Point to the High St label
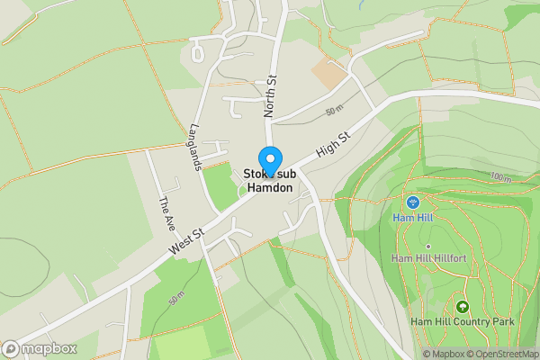[x=333, y=143]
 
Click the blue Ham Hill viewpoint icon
[x=412, y=202]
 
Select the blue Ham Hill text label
[x=412, y=218]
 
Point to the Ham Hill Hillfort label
[x=427, y=258]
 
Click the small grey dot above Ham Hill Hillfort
[x=428, y=246]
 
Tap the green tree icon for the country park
[x=462, y=307]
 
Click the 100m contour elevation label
[x=500, y=178]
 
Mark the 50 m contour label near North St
[x=335, y=111]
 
